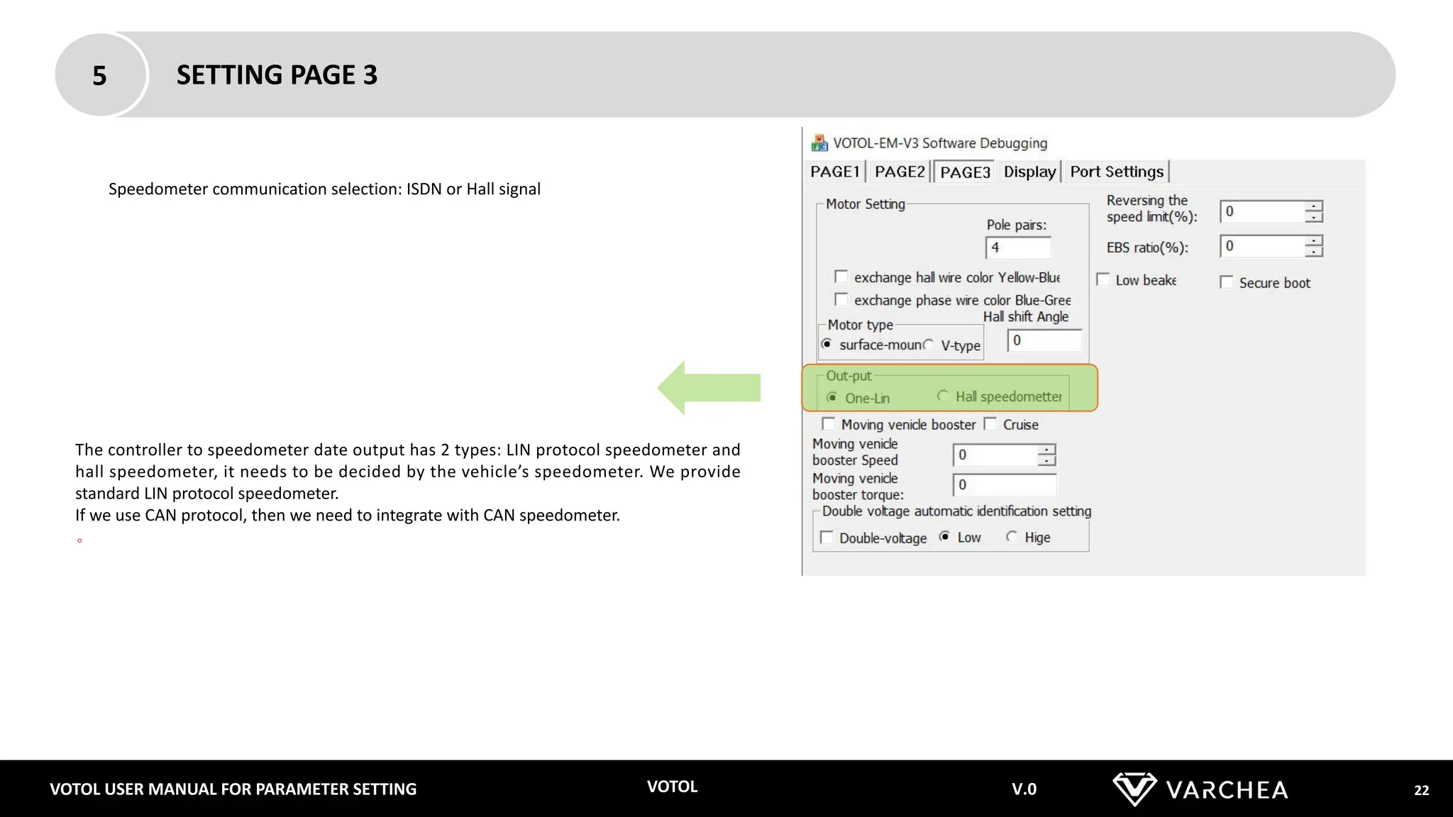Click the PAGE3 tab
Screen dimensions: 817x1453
pyautogui.click(x=964, y=172)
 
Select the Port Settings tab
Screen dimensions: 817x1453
pyautogui.click(x=1116, y=172)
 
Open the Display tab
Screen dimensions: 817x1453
pyautogui.click(x=1029, y=172)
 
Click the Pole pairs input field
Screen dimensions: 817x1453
pyautogui.click(x=1017, y=248)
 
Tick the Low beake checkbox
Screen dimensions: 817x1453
pyautogui.click(x=1103, y=279)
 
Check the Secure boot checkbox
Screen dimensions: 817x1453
pyautogui.click(x=1227, y=282)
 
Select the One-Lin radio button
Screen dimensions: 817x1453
pyautogui.click(x=832, y=397)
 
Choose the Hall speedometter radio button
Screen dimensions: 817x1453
pyautogui.click(x=943, y=396)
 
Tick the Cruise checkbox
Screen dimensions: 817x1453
pyautogui.click(x=991, y=424)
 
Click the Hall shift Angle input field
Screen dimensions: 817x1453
pyautogui.click(x=1044, y=340)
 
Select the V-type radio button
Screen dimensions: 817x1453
pyautogui.click(x=929, y=345)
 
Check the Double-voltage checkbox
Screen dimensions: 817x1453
pyautogui.click(x=827, y=537)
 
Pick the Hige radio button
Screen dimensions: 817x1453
pyautogui.click(x=1012, y=537)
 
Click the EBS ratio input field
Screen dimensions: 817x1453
pyautogui.click(x=1262, y=246)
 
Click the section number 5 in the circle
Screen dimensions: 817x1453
pyautogui.click(x=99, y=75)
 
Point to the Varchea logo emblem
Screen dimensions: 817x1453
pyautogui.click(x=1134, y=789)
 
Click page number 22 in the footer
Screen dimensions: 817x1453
pyautogui.click(x=1421, y=790)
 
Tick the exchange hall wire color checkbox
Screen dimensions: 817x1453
pyautogui.click(x=841, y=277)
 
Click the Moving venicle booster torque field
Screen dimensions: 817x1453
pyautogui.click(x=1004, y=485)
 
